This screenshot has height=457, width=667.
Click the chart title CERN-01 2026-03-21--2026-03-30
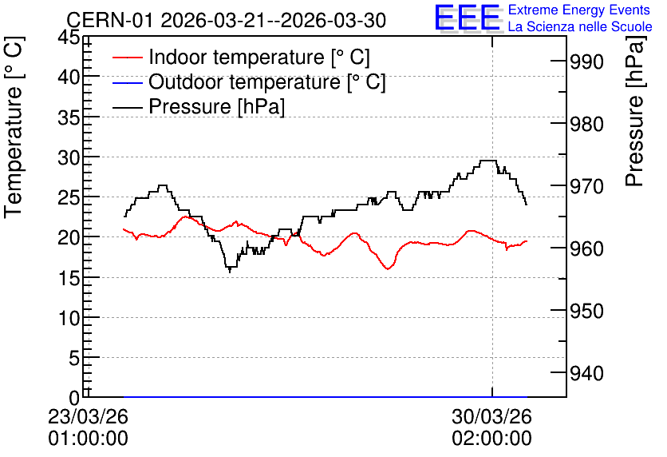coord(227,21)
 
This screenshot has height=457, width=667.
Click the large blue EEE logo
coord(467,18)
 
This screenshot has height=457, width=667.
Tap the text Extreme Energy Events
coord(579,10)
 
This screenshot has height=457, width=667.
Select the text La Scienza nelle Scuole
coord(580,26)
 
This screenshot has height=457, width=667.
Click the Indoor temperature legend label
coord(259,57)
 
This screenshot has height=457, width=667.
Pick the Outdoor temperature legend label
coord(267,81)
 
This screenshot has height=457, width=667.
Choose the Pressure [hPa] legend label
coord(216,106)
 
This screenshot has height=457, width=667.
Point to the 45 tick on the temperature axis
coord(69,37)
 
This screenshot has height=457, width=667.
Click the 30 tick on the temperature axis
coord(69,157)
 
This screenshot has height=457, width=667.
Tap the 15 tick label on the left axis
coord(69,278)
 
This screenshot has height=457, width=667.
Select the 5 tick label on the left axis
coord(74,358)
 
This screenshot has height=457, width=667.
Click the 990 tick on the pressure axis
coord(586,62)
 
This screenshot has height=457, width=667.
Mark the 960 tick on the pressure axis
coord(586,248)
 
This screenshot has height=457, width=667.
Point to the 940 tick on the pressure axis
coord(586,374)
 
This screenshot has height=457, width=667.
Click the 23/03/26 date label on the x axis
coord(88,416)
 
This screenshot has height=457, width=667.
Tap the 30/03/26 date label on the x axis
coord(491,416)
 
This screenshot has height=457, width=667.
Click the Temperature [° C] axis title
coord(14,128)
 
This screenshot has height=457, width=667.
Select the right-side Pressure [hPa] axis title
coord(634,111)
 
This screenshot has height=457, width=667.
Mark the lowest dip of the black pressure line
coord(230,272)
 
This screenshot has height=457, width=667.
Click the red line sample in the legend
coord(127,58)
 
